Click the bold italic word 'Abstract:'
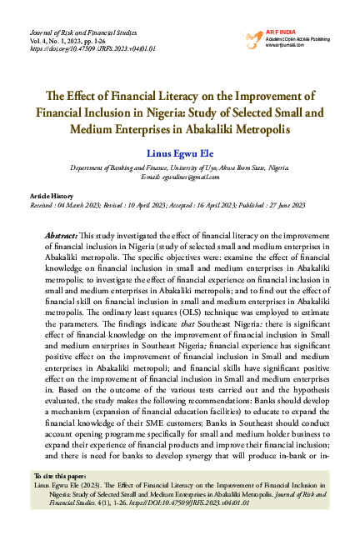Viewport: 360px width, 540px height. (63, 237)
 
